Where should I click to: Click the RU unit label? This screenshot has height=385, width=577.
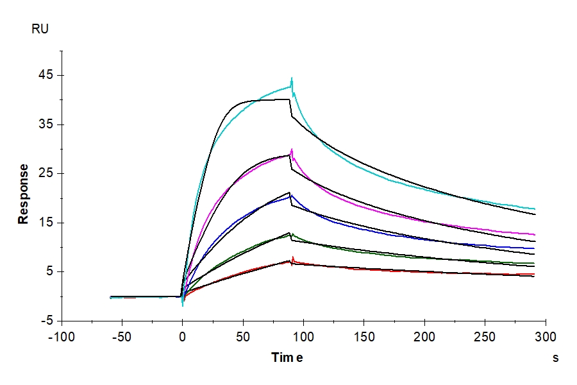tap(40, 29)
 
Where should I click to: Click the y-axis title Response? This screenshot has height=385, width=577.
tap(24, 194)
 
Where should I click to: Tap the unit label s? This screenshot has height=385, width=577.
tap(555, 358)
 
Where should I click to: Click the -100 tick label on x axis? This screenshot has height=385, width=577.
tap(62, 336)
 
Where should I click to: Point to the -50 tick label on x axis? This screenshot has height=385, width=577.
tap(122, 336)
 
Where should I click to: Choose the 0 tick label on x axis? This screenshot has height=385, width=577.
tap(183, 336)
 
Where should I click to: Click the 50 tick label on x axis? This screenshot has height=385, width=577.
tap(243, 336)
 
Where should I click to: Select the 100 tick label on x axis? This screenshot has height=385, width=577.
tap(303, 336)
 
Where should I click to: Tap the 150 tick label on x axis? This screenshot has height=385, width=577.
tap(364, 336)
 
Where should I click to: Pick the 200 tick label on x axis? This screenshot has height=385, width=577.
tap(424, 336)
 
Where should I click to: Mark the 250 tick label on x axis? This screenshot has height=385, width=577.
tap(485, 336)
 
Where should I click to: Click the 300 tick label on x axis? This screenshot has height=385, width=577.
tap(546, 336)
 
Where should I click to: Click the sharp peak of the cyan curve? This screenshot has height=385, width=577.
tap(292, 78)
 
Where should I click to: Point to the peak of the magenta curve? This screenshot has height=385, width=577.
tap(292, 150)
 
